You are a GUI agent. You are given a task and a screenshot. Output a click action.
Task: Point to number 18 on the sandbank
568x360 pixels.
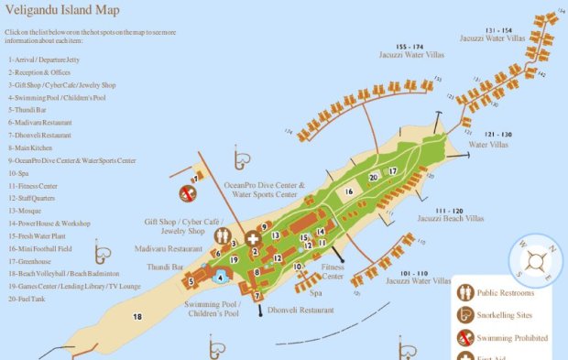coord(137,317)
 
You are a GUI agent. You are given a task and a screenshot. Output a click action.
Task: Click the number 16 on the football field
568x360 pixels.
coord(349,191)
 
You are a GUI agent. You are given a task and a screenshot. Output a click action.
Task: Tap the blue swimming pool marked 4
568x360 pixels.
coord(221,275)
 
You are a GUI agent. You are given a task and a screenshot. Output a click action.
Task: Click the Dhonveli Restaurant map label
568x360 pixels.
coord(300,311)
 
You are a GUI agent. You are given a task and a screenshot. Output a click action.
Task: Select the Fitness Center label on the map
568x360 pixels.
coord(333,271)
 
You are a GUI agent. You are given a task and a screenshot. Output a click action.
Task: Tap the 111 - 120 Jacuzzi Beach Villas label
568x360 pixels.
coord(450,214)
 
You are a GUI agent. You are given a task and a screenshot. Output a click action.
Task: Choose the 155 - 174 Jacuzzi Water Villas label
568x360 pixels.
coord(410,50)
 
